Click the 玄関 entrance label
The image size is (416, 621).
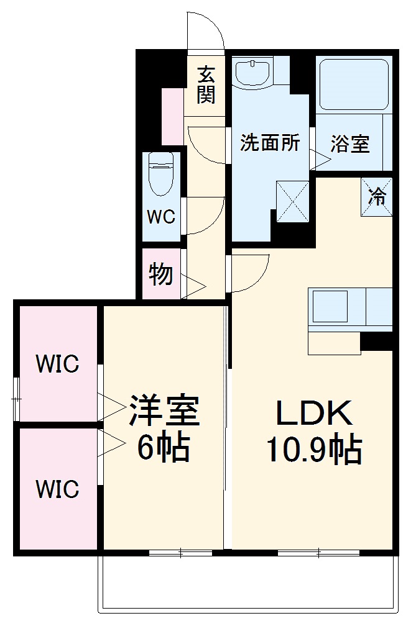point(207,85)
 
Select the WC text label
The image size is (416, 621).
point(160,217)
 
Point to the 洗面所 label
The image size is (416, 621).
point(270,143)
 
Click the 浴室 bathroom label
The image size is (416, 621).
point(349,144)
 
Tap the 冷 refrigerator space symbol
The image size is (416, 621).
point(377,197)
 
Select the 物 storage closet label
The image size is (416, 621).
point(160,274)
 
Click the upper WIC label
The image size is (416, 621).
point(57,364)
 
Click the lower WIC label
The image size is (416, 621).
point(57,489)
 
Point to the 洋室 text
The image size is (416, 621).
point(164,409)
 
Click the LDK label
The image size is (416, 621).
point(314,412)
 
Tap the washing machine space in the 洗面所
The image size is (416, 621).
point(292,200)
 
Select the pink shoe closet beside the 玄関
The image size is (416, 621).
point(172,117)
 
